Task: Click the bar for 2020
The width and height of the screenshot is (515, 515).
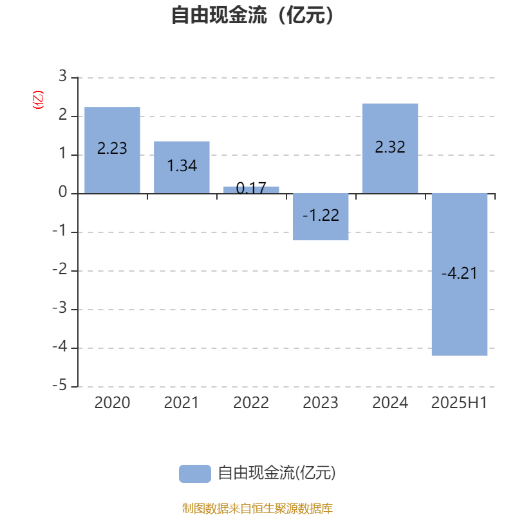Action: [x=112, y=150]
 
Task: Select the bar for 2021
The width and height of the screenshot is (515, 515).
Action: [x=182, y=167]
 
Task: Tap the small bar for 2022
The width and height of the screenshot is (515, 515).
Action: [x=251, y=190]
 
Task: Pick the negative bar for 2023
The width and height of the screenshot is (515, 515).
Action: [x=321, y=217]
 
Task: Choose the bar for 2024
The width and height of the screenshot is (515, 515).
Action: [x=390, y=149]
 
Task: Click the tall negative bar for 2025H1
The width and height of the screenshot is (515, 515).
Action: [x=460, y=275]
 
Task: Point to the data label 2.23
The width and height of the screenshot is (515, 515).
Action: [x=112, y=149]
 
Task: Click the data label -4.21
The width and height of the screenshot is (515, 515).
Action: [x=459, y=273]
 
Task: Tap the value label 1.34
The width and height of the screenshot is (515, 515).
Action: [x=182, y=166]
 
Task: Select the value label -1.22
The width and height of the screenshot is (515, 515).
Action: [x=321, y=216]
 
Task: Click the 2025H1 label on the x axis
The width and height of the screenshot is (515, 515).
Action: [x=459, y=403]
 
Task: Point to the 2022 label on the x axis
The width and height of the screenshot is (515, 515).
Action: [x=251, y=403]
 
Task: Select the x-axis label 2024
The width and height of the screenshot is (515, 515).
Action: [x=390, y=403]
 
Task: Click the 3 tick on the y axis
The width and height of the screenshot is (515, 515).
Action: [x=62, y=76]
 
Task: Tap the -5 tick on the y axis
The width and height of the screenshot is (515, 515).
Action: [x=60, y=385]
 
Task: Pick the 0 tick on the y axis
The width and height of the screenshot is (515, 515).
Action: [x=62, y=192]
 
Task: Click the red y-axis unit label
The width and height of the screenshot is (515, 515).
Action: [x=38, y=100]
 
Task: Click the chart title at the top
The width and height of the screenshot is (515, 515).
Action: [x=252, y=15]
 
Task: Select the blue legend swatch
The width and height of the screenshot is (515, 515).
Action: [x=195, y=474]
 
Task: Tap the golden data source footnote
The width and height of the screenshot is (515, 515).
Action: [x=257, y=508]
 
